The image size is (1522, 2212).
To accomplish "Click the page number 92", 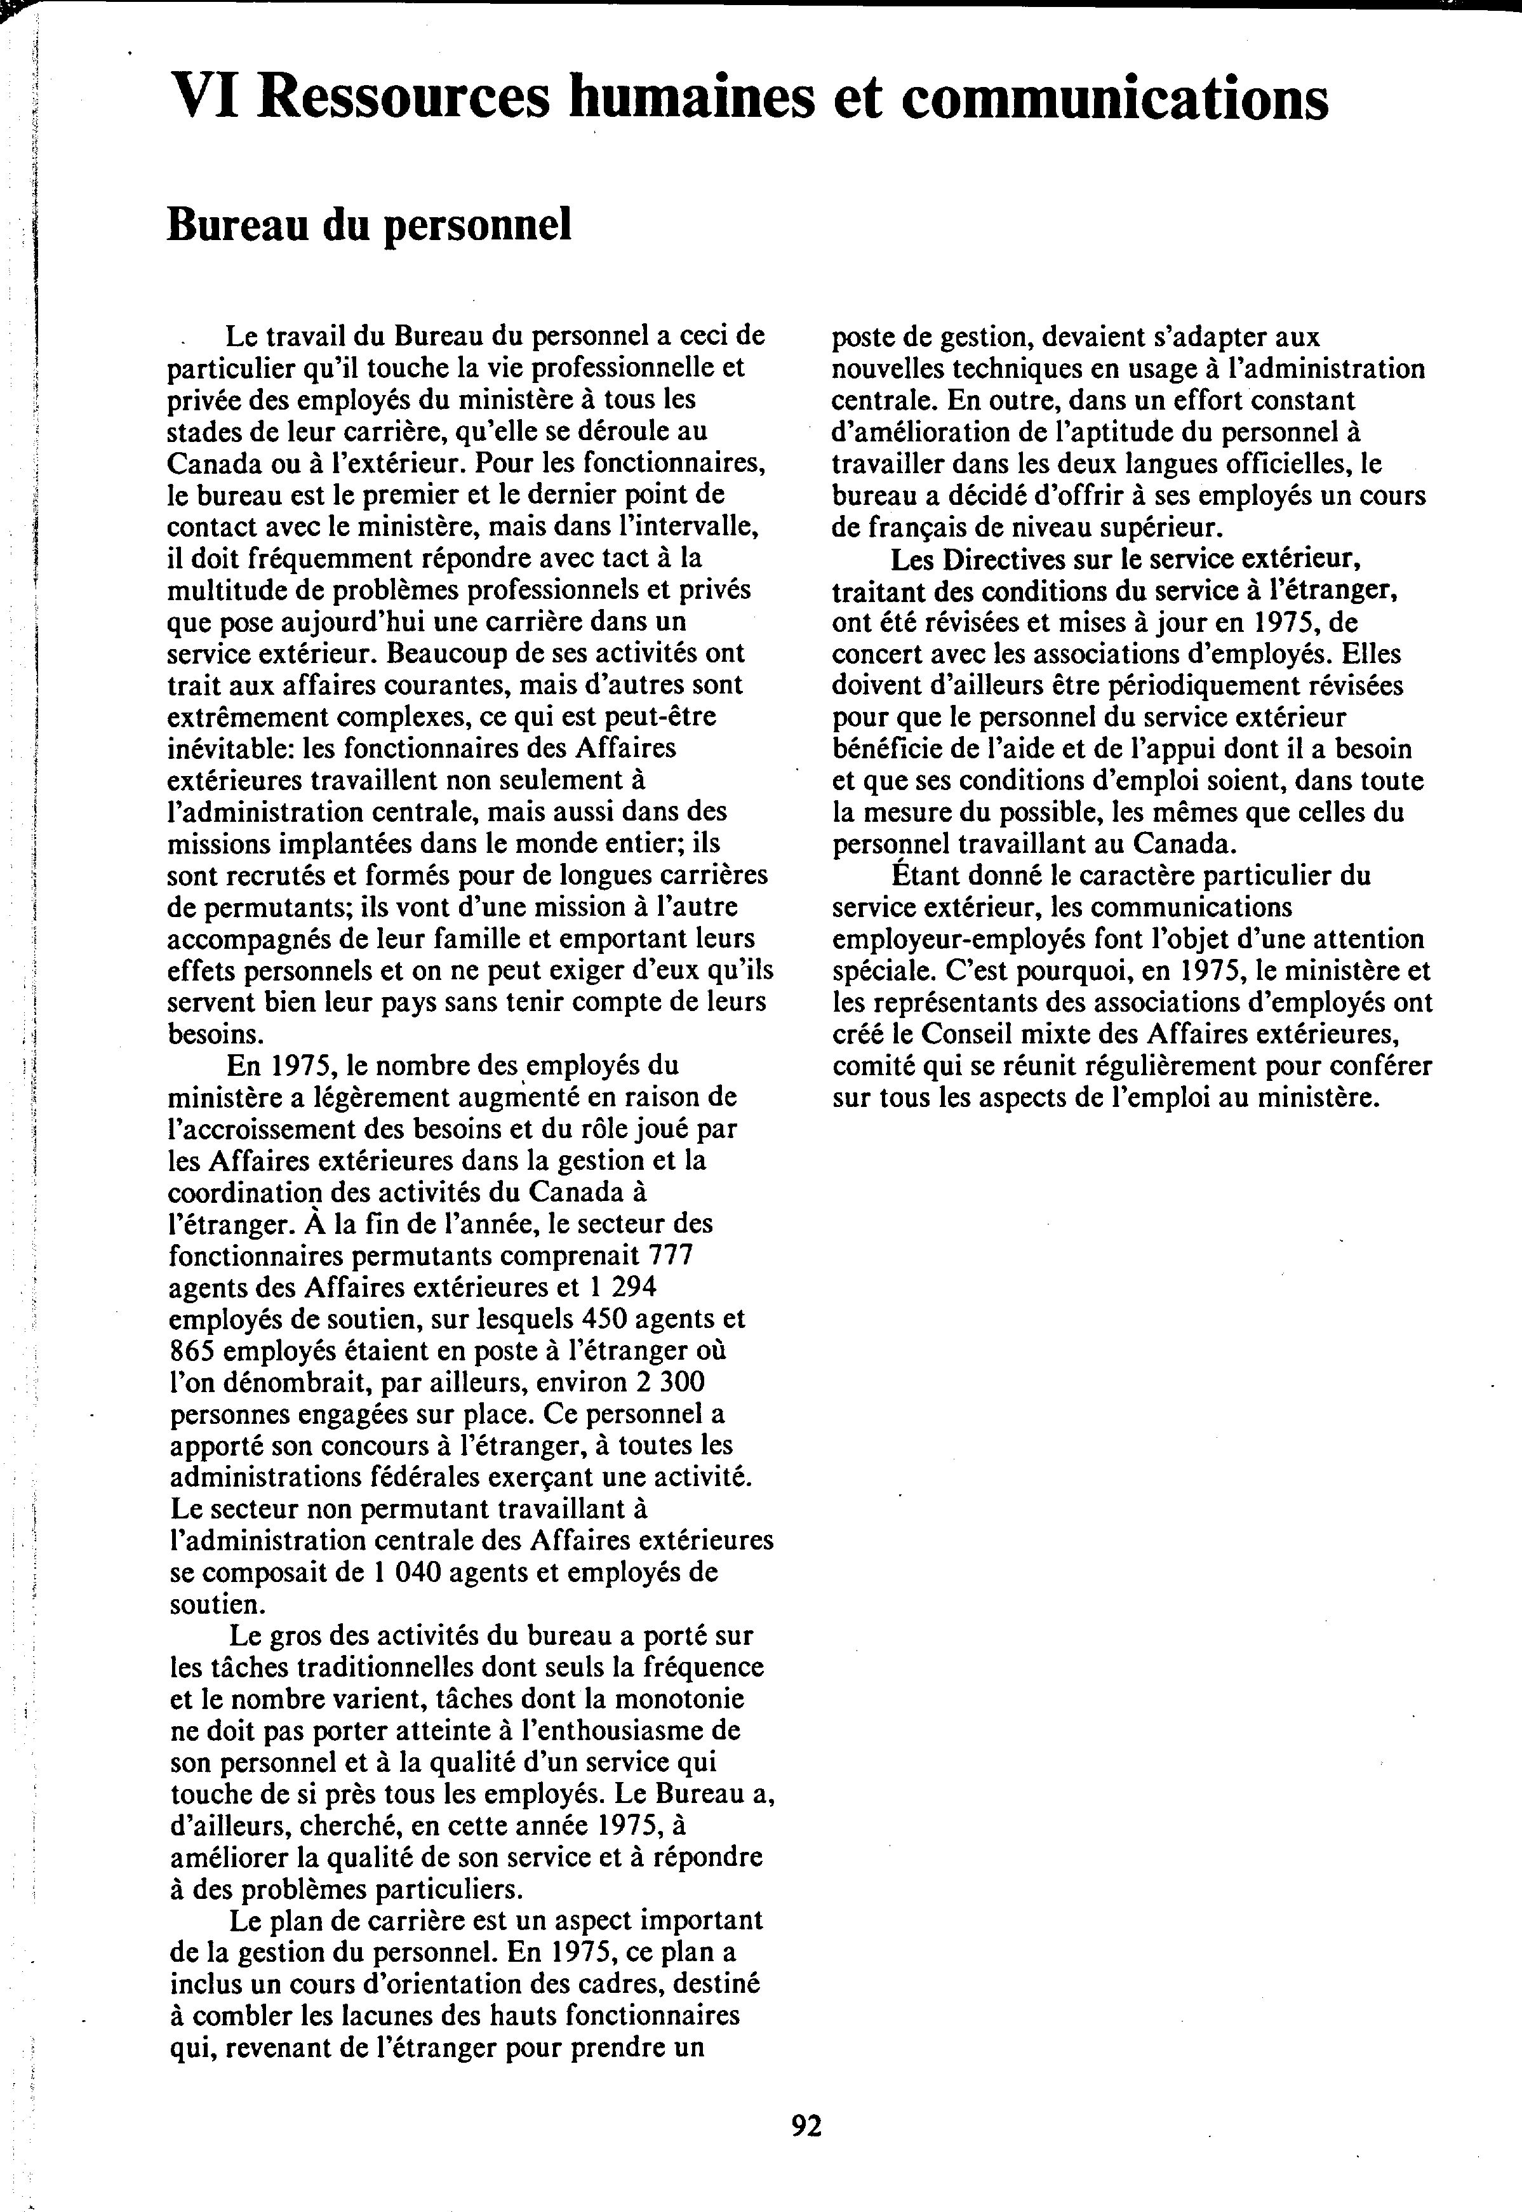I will [x=806, y=2125].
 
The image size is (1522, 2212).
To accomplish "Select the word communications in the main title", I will [x=1114, y=98].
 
